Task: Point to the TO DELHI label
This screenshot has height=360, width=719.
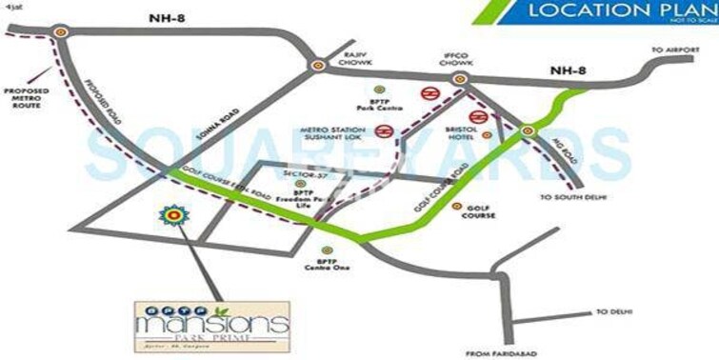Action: coord(612,312)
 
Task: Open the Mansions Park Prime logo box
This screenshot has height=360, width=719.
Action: coord(210,326)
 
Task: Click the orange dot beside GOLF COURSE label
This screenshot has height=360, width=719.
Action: coord(456,207)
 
